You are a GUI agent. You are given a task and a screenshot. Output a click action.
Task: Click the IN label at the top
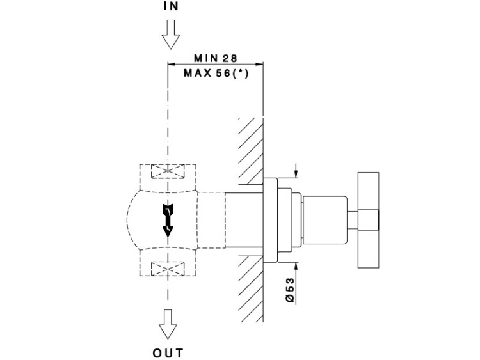tap(170, 8)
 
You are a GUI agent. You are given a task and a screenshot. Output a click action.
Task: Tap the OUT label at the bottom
tap(168, 352)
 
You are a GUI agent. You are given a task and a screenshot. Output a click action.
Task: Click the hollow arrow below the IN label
tap(170, 35)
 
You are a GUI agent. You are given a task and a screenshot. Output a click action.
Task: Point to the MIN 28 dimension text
tap(215, 58)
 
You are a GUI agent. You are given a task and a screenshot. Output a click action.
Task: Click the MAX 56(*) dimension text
tap(216, 72)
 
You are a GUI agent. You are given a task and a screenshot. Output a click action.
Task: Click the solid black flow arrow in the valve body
tap(168, 221)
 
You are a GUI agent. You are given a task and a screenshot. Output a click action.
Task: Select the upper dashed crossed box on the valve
tap(168, 172)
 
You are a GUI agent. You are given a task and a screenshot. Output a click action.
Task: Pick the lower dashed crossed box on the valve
tap(168, 269)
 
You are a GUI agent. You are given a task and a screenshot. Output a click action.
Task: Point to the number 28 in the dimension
tap(230, 58)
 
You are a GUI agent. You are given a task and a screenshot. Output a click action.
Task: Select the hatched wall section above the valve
tap(252, 147)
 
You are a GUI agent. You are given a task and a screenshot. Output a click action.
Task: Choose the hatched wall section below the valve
tap(252, 291)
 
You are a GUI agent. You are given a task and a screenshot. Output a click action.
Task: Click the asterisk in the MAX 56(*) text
tap(239, 72)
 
